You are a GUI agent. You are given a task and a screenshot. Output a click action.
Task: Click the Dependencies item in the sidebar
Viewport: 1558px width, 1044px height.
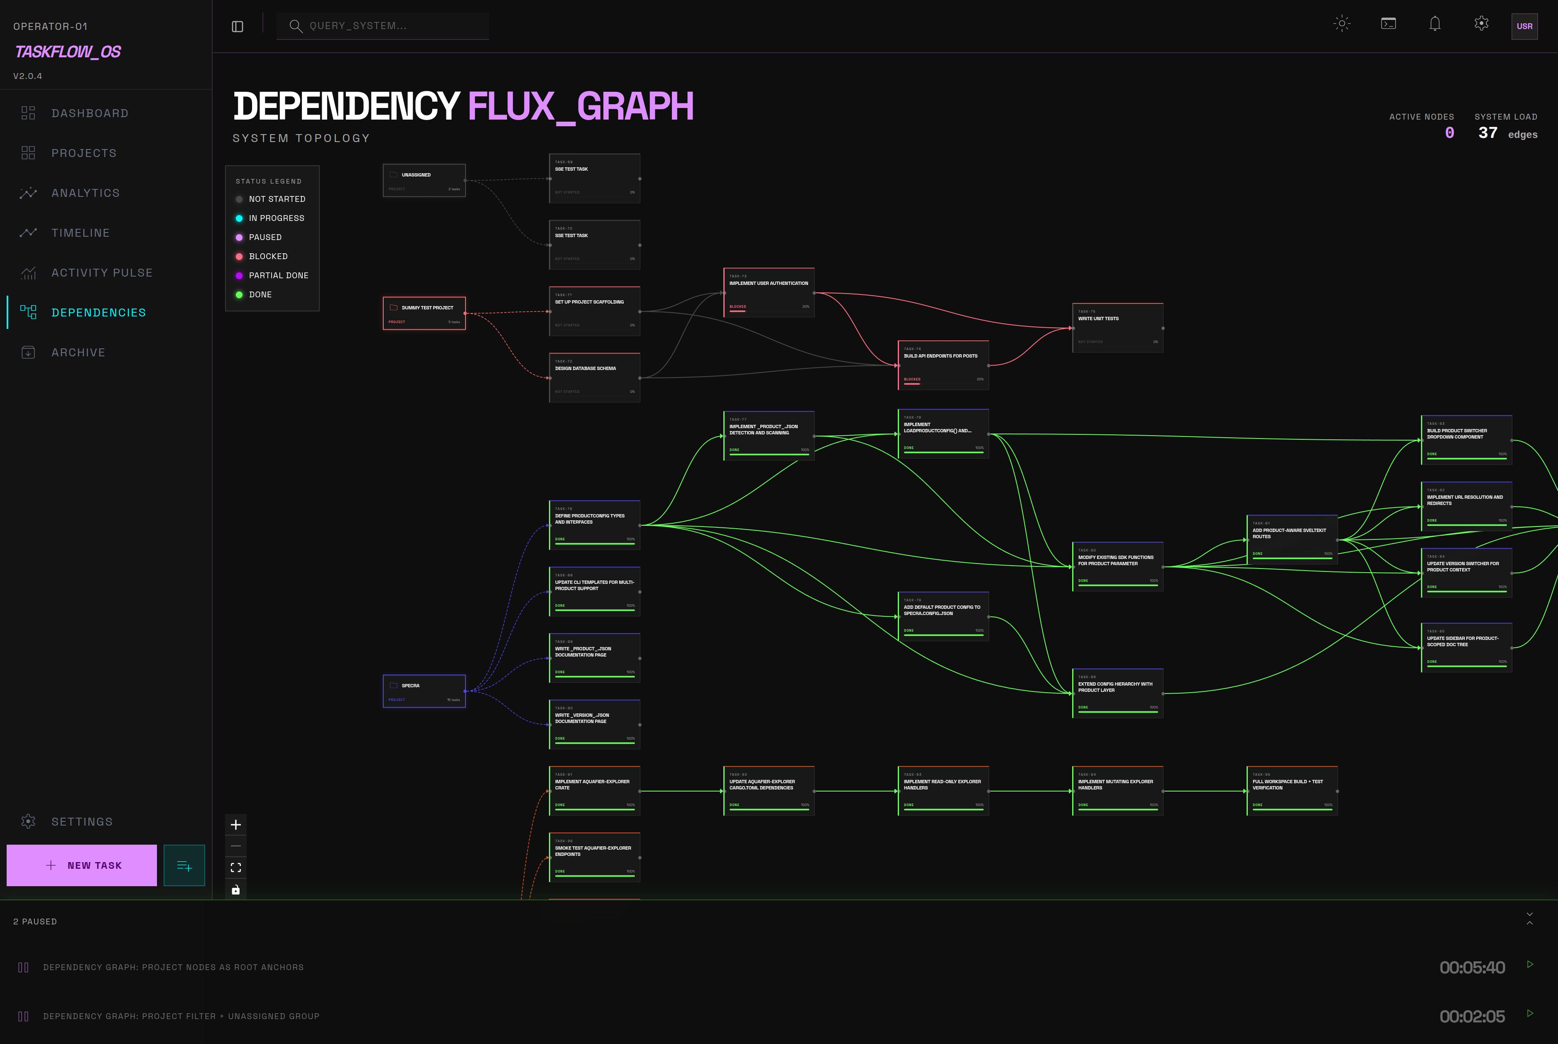98,312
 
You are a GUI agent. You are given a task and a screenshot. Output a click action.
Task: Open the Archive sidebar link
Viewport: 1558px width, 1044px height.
78,352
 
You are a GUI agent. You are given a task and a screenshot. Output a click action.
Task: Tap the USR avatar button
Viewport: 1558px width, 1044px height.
1524,27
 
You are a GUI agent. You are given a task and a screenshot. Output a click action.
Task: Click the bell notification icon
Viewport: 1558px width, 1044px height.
1434,24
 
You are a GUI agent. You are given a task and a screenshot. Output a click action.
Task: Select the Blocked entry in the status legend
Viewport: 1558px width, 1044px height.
268,256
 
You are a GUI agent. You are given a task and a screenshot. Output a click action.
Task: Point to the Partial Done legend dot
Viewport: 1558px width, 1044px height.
239,276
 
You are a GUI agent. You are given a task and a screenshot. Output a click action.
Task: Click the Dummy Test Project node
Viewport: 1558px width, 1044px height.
424,313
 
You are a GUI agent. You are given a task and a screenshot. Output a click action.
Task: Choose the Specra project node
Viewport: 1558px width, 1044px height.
424,691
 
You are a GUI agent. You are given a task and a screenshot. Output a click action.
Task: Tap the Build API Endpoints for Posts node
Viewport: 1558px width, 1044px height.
942,365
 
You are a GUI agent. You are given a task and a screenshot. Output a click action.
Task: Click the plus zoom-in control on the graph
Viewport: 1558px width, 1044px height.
236,825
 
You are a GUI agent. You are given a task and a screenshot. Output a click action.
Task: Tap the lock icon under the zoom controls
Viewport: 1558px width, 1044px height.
236,890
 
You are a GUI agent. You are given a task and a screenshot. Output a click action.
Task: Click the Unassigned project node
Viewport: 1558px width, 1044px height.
424,180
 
